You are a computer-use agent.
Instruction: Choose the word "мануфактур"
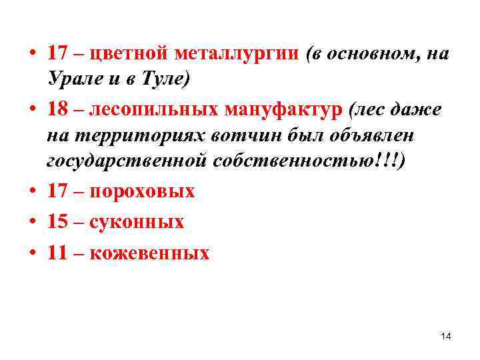[285, 109]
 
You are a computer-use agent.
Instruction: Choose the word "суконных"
[136, 221]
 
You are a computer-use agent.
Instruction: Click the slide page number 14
[446, 337]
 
